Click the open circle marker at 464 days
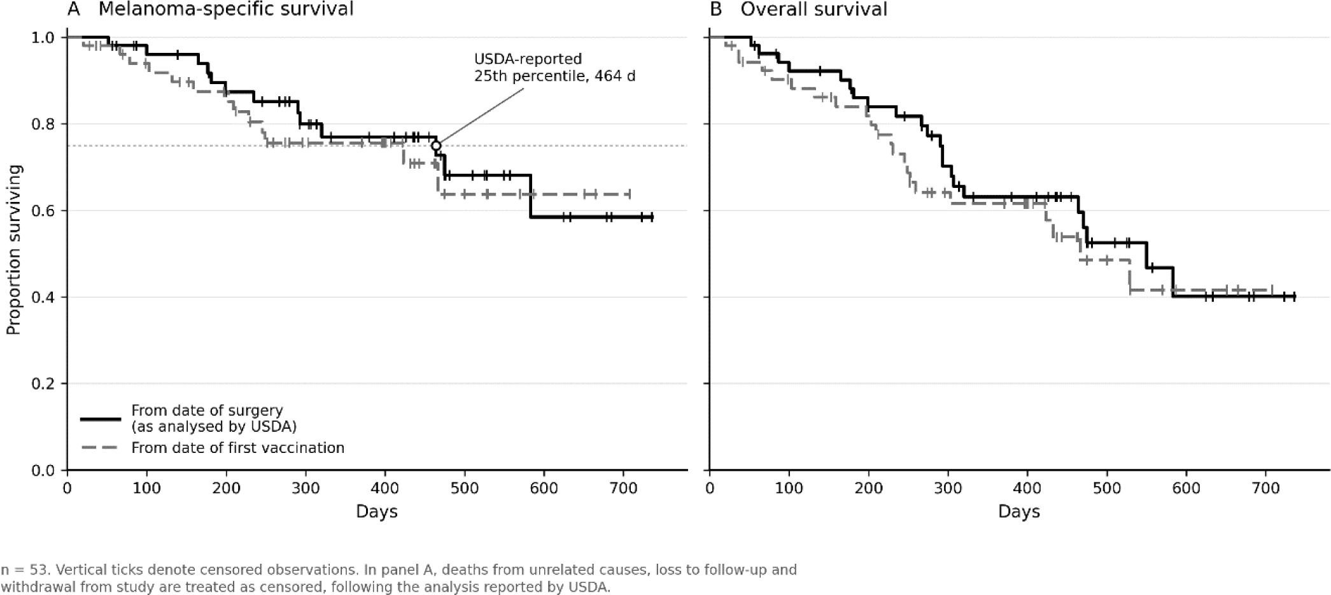(436, 146)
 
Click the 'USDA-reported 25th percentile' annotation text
(554, 68)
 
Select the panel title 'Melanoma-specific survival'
(226, 9)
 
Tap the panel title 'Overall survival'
(813, 9)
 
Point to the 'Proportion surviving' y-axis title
(13, 250)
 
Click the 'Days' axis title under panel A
(377, 512)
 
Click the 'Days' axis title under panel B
(1019, 512)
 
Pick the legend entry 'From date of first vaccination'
(237, 448)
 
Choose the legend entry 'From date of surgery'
(207, 410)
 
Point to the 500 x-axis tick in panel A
(465, 488)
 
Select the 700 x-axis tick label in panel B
(1265, 488)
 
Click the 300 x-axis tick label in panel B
(948, 488)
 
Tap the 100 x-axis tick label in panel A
(147, 488)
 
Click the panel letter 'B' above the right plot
(716, 9)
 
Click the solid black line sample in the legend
(101, 419)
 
